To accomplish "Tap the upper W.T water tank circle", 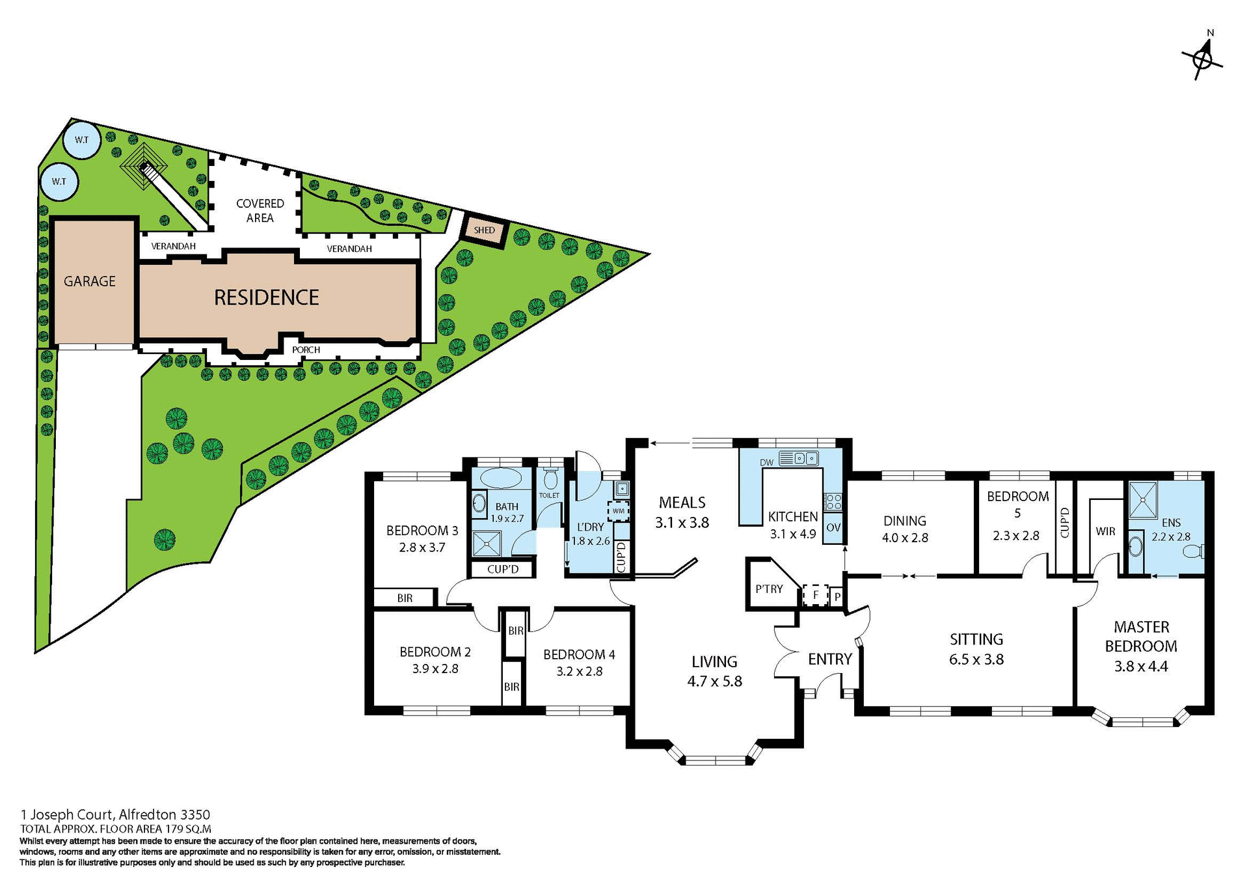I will click(x=82, y=140).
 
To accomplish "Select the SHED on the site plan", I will click(x=484, y=230).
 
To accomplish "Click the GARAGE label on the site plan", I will click(x=90, y=281).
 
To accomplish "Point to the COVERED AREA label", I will click(x=260, y=210).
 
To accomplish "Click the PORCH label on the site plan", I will click(x=306, y=350).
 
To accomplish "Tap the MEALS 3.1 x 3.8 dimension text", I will click(x=682, y=522).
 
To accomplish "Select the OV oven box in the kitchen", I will click(x=833, y=527).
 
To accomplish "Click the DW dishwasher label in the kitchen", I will click(x=766, y=462).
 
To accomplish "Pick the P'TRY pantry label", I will click(x=769, y=588).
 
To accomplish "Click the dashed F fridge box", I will click(x=815, y=595).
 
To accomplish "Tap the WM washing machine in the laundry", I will click(x=618, y=510).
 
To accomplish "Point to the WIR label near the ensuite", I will click(x=1105, y=531).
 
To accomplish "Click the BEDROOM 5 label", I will click(x=1017, y=504).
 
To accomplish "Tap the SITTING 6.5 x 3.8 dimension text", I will click(x=976, y=659).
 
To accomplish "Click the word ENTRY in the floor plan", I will click(x=829, y=659).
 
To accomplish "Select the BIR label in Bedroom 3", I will click(x=405, y=598).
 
